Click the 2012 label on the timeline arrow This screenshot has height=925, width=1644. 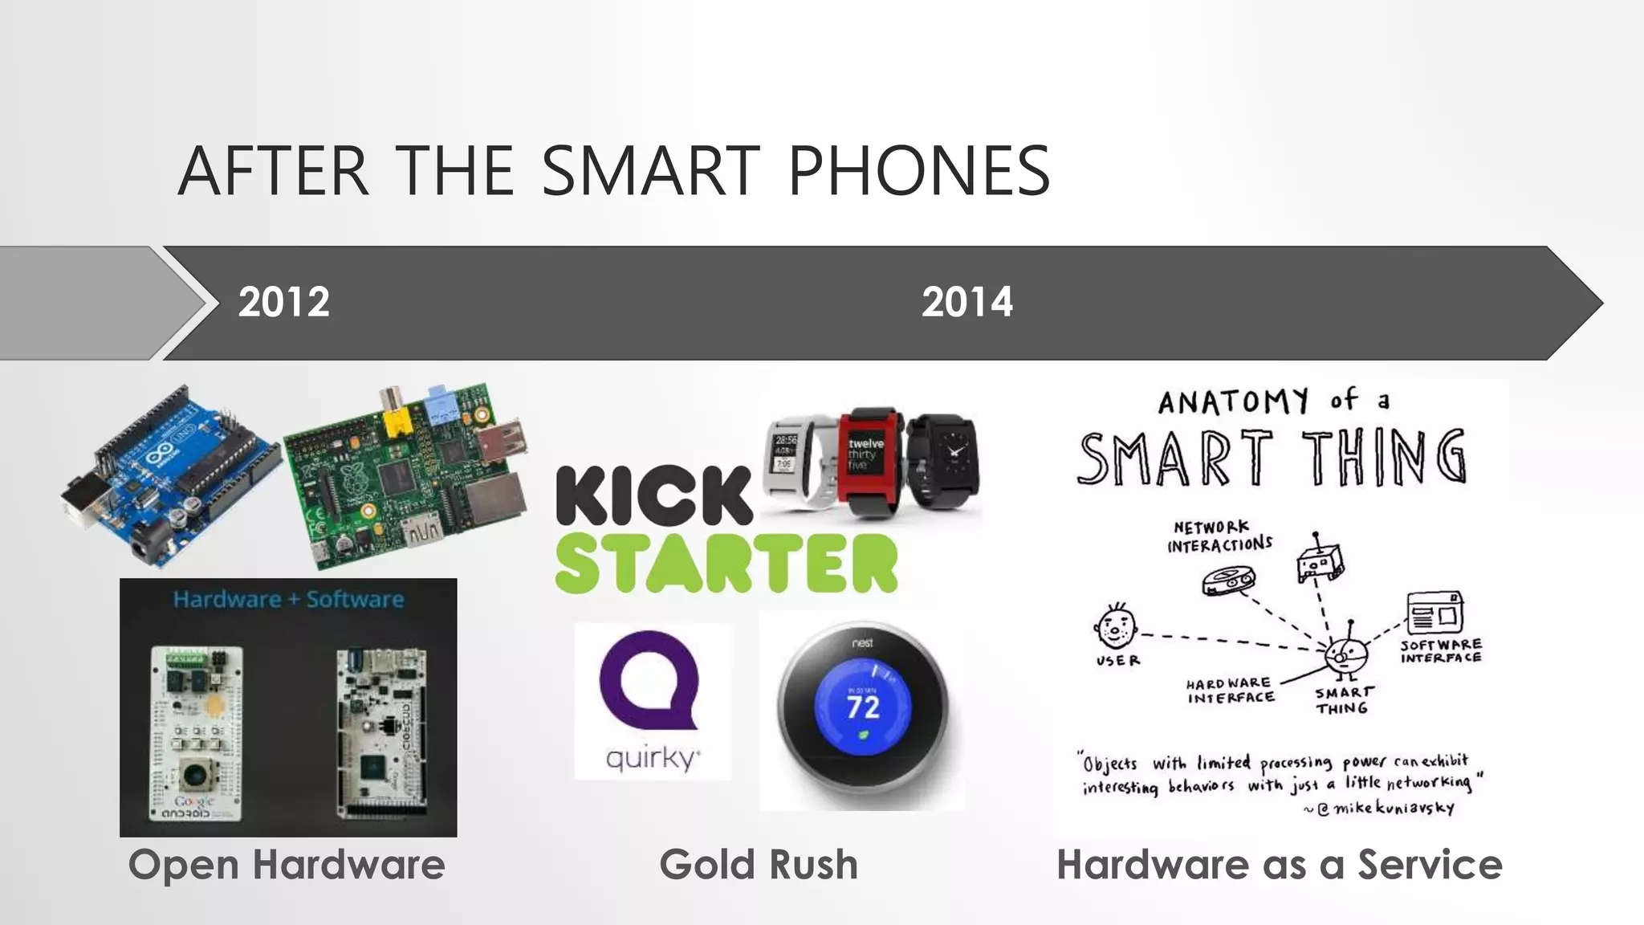coord(283,302)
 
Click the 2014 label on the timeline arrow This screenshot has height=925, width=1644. coord(966,302)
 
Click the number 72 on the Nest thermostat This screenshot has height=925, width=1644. coord(863,707)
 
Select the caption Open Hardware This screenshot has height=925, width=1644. coord(287,865)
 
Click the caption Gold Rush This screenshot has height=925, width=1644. coord(759,865)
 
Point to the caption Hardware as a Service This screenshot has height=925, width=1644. coord(1279,865)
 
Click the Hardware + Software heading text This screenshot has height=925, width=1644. coord(288,599)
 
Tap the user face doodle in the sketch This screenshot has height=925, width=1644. coord(1115,625)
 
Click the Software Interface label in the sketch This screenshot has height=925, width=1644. coord(1441,651)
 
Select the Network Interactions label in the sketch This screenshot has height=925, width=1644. coord(1219,536)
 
